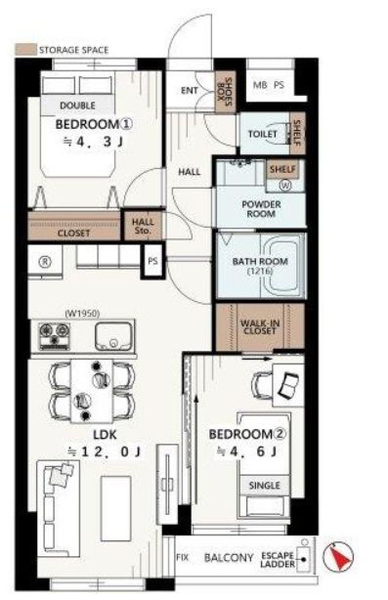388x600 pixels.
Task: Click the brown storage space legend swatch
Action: pos(25,50)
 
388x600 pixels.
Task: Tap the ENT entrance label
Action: pos(190,91)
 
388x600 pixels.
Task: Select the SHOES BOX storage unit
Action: pos(226,92)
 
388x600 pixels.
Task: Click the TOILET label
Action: pos(263,134)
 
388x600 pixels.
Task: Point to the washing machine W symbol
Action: pos(285,186)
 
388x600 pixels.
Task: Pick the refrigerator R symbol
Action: pos(46,262)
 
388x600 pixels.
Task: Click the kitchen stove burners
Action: pos(55,336)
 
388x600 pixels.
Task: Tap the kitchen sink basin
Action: pos(113,336)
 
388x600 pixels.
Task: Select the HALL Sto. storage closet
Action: pos(143,226)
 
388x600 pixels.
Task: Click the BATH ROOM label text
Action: pos(260,262)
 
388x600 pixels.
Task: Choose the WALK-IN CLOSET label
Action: pos(260,326)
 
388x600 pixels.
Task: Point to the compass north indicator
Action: pos(338,556)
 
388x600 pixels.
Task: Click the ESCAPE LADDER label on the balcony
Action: pos(278,560)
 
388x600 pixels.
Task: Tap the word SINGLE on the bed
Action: pos(265,486)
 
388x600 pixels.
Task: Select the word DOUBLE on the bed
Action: pos(77,106)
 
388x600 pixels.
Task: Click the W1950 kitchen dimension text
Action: pos(83,314)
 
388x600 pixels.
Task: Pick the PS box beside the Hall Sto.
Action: pos(152,261)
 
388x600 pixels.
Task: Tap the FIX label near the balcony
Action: pos(183,558)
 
